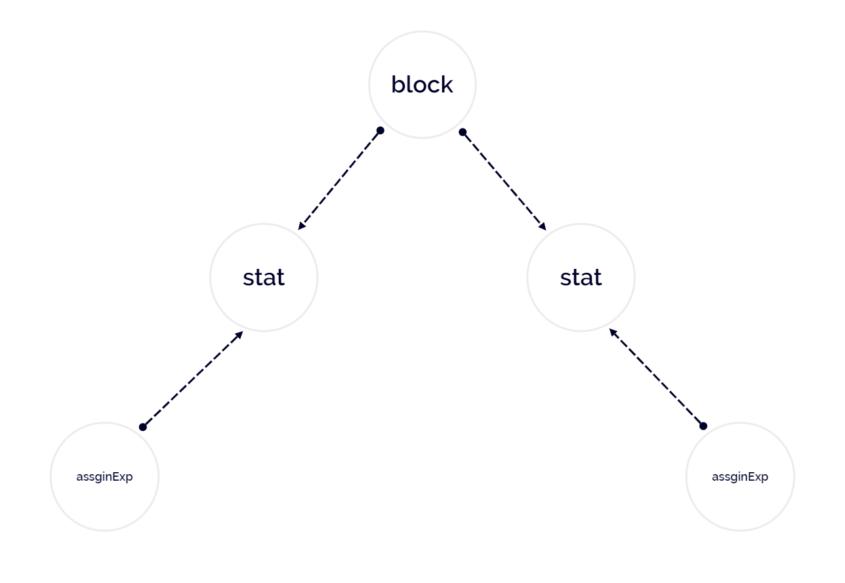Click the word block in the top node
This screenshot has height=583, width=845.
422,85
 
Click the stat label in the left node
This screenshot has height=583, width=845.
264,277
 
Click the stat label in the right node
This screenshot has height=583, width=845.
581,277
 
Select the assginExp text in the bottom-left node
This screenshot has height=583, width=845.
104,477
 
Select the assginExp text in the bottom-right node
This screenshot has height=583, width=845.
740,477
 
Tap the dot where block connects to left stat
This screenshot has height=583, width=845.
381,131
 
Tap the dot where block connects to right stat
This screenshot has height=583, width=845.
463,132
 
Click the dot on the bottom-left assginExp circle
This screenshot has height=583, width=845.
142,427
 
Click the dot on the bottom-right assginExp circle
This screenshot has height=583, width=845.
703,426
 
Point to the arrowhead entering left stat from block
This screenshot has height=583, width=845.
301,226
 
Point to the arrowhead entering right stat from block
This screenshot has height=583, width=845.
543,227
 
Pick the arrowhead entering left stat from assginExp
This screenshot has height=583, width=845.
239,334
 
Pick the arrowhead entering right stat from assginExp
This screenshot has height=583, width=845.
613,332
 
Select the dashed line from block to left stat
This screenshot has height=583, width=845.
339,180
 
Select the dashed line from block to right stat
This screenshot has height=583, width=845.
505,181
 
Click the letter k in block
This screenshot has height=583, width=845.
447,84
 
